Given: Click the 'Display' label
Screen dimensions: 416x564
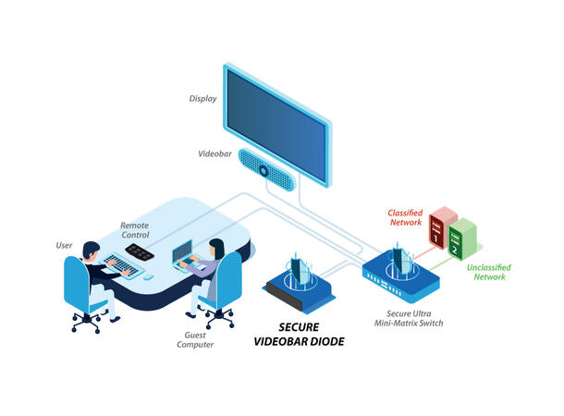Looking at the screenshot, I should point(203,98).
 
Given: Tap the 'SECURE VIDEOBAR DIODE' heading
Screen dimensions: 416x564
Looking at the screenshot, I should point(298,336).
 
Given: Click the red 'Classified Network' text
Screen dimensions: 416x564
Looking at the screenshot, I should point(406,218).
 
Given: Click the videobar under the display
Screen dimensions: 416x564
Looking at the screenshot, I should point(266,168).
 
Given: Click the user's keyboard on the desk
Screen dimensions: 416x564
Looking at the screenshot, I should point(122,271).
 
